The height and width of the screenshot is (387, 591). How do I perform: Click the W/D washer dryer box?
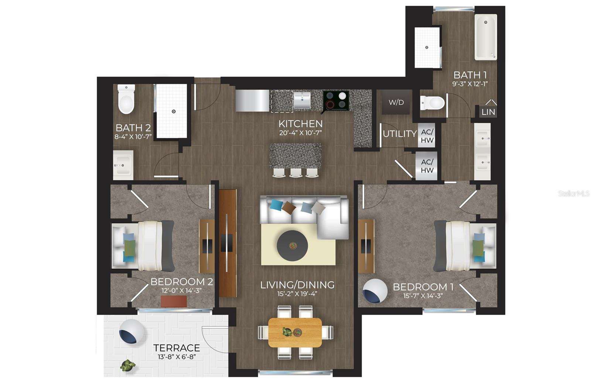tap(396, 102)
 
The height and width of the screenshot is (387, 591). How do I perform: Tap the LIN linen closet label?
tap(488, 112)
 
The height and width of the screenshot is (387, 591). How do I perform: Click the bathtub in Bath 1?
tap(485, 37)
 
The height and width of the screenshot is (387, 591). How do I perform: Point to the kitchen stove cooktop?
tap(336, 100)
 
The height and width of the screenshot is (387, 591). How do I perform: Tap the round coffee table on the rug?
tap(292, 246)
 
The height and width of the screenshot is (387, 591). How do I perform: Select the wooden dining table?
tap(295, 332)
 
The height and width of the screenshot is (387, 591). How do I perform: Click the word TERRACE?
tap(177, 348)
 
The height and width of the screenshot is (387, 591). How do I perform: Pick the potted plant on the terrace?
tap(127, 366)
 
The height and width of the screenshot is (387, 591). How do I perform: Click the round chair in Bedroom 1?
tap(375, 291)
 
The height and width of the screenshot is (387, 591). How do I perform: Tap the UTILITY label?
tap(400, 134)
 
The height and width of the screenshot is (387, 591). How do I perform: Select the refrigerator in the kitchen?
tap(252, 100)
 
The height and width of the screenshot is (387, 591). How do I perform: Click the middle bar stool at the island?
tap(295, 172)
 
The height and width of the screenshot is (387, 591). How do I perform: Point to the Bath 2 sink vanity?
tap(123, 165)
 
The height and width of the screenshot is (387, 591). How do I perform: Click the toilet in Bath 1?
tap(433, 103)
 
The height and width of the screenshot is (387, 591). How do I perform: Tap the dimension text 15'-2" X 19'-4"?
tap(297, 294)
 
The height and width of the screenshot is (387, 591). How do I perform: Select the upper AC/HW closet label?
tap(427, 136)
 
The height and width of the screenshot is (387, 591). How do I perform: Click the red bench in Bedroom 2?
tap(174, 301)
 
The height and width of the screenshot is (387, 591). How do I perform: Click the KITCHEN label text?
tap(300, 124)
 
